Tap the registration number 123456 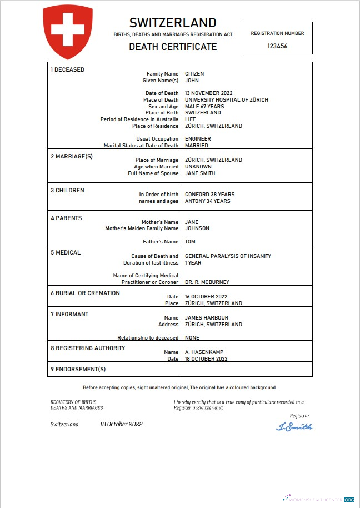coord(277,47)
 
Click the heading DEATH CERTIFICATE coord(173,47)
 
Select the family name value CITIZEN coord(194,74)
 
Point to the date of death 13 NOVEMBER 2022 coord(208,93)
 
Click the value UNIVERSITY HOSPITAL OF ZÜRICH coord(226,100)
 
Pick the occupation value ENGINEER coord(198,139)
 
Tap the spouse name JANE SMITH coord(200,173)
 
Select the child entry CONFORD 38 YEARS coord(209,195)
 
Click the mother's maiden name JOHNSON coord(197,228)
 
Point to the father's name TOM coord(190,242)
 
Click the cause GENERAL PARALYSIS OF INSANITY coord(228,256)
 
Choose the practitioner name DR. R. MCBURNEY coord(207,282)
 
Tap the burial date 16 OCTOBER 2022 coord(206,297)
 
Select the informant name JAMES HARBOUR coord(206,318)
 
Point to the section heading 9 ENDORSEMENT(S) coord(78,370)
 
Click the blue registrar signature coord(294,427)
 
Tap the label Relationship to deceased coord(148,338)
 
